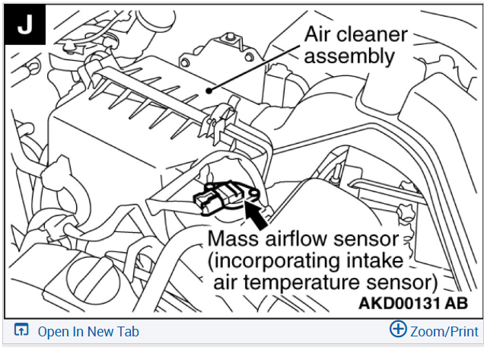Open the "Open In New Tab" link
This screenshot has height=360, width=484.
88,331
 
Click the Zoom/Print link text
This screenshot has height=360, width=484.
444,331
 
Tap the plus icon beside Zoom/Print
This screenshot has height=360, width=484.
398,330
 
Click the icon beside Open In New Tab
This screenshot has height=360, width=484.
21,331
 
